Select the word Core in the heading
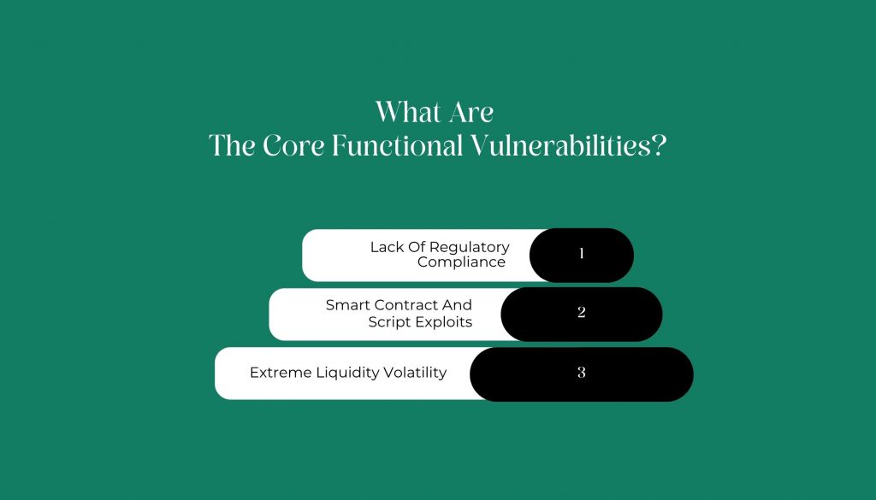(293, 146)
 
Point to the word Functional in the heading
(397, 146)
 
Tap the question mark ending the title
(660, 146)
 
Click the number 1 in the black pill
(582, 254)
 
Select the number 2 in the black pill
(582, 313)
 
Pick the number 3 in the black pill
(582, 372)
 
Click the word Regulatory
(470, 248)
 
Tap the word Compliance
(461, 263)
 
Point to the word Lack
(385, 247)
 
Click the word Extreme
(281, 373)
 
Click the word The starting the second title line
(232, 146)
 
